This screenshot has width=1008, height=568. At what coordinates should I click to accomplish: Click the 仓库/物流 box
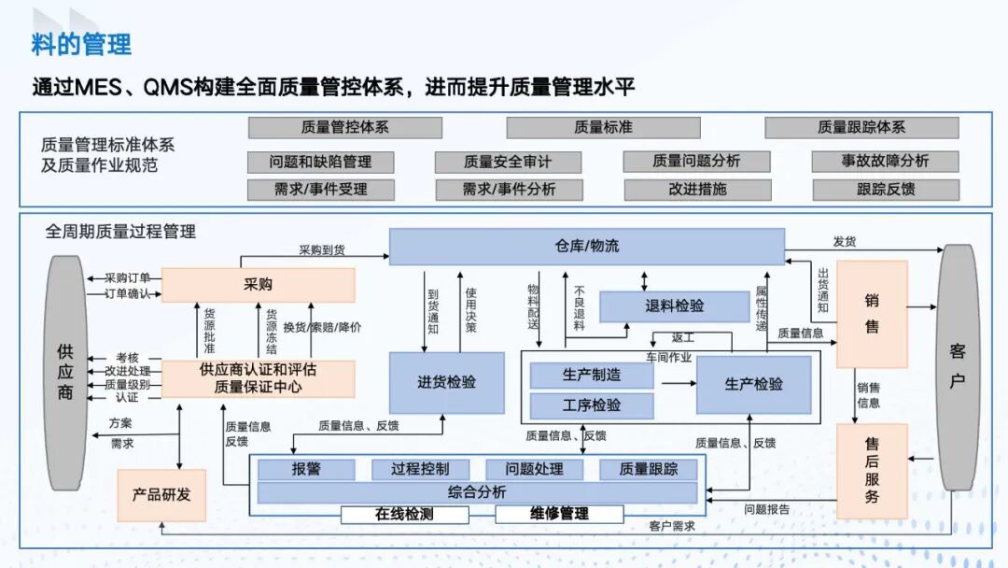pos(586,247)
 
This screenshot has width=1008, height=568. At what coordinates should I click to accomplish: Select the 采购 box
pos(258,285)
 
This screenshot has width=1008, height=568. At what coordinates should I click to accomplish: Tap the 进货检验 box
pos(446,382)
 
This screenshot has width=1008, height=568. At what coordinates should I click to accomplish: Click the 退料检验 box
pos(674,306)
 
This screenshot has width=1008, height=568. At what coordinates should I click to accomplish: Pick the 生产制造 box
pos(592,376)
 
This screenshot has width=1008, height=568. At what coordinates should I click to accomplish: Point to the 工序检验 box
pos(592,405)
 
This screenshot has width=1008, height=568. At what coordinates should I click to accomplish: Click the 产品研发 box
pos(161,495)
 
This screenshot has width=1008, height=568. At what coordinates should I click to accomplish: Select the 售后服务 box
pos(872,472)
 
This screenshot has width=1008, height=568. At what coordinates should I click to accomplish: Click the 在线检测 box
pos(404,514)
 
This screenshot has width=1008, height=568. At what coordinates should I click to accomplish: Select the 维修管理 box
pos(559,514)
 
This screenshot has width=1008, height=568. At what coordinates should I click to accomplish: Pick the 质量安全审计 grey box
pos(508,162)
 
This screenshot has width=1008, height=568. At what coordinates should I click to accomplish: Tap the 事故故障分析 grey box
pos(884,161)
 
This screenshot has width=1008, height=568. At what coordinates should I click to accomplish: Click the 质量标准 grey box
pos(602,127)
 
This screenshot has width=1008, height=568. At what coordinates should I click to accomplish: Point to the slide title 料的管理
pos(82,43)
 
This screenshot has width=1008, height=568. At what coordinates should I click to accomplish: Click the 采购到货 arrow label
pos(322,250)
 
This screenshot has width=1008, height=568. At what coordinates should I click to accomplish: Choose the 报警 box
pos(306,469)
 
